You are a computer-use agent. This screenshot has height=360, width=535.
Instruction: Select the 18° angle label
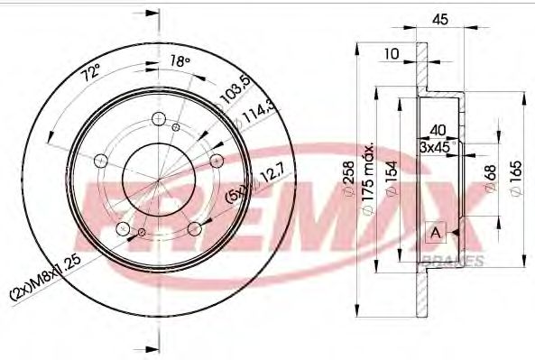point(180,61)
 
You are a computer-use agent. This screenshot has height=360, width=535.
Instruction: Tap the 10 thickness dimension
point(392,54)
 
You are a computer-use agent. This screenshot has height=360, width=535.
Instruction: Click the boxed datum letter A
point(436,233)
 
